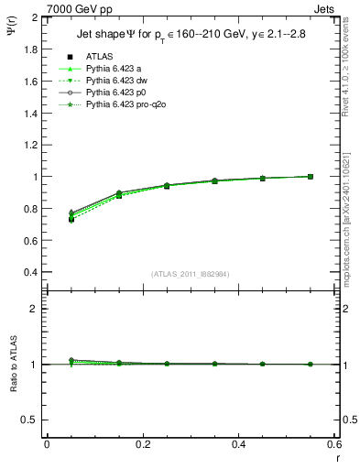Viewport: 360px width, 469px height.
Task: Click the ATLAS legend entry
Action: [99, 56]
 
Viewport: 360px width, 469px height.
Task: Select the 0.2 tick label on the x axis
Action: [142, 444]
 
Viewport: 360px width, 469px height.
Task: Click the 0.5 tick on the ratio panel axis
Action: [30, 420]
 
